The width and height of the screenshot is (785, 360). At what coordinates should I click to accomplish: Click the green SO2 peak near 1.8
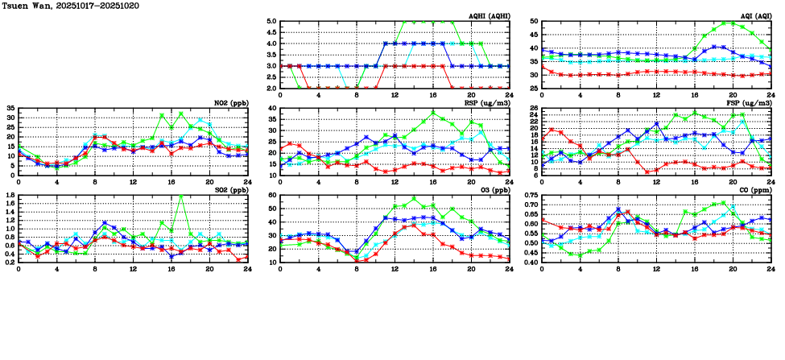point(182,196)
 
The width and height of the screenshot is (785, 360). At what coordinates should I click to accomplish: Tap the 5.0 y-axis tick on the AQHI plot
point(272,22)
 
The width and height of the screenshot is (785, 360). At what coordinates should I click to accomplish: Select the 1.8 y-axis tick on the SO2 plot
point(9,196)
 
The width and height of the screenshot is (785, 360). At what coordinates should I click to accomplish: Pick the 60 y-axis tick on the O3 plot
point(272,196)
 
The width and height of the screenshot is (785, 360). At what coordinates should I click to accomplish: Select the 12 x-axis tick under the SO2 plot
point(134,270)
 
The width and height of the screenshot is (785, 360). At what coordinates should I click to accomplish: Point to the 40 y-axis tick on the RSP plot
point(272,109)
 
